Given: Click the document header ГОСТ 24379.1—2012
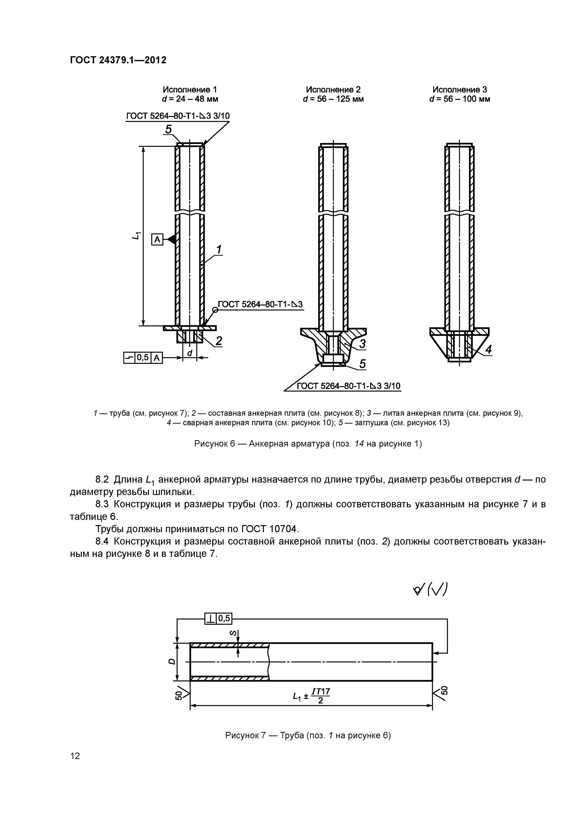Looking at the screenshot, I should click(x=118, y=60).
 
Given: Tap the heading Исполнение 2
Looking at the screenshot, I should click(x=333, y=90).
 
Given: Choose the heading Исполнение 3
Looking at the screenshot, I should click(x=459, y=90).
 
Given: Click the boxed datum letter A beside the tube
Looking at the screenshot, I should click(x=157, y=240).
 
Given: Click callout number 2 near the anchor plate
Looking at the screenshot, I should click(x=219, y=341).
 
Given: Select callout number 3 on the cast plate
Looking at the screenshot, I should click(x=362, y=344).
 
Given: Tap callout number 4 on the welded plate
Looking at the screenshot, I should click(x=488, y=349).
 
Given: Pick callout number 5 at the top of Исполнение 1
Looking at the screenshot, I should click(x=169, y=129).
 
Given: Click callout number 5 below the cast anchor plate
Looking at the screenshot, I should click(x=362, y=364).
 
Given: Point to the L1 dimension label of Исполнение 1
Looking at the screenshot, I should click(x=136, y=235).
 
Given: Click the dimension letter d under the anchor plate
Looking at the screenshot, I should click(x=189, y=352).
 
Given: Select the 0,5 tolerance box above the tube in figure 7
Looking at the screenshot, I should click(x=224, y=618).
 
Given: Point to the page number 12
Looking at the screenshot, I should click(x=75, y=755).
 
